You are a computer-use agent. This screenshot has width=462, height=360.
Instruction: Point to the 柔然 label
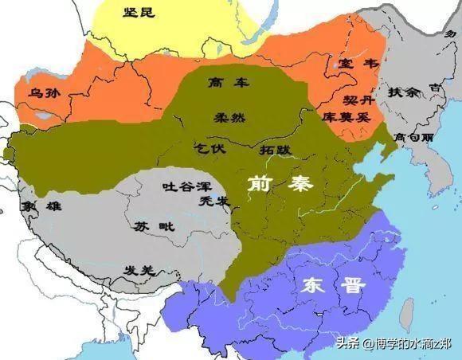(229, 117)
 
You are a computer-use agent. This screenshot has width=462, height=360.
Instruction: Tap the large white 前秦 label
(280, 185)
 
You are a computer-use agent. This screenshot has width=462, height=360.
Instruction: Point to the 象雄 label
(44, 204)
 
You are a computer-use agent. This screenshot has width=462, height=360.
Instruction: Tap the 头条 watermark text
(349, 344)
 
